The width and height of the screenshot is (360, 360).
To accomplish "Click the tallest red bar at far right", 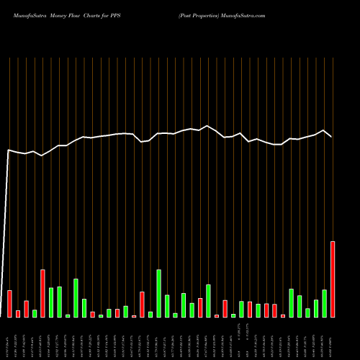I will (333, 279).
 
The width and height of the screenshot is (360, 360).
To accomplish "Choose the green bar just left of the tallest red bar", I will (324, 303).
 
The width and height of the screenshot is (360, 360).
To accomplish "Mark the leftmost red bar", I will (9, 303).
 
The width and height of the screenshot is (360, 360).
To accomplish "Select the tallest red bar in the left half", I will (42, 293).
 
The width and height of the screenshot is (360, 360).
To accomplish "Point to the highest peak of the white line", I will (208, 126).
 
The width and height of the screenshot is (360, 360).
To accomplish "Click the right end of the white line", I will (331, 136).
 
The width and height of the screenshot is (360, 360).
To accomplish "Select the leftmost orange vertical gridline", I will (9, 180).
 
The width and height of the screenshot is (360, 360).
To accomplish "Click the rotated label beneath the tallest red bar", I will (333, 338).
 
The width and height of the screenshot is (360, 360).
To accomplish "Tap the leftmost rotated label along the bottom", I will (9, 338).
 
